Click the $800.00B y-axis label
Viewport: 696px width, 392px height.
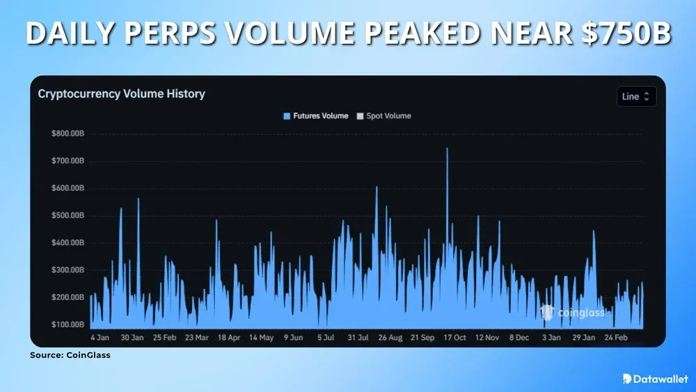68,134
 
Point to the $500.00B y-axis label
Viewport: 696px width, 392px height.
68,215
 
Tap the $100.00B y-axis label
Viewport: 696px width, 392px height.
68,324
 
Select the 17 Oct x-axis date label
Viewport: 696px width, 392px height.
455,337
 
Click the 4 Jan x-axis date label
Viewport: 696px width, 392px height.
100,337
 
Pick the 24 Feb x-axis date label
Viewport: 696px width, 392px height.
617,337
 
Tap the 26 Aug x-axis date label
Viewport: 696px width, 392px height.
390,337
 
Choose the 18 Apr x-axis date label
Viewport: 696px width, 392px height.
229,337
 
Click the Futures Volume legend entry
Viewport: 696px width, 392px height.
315,116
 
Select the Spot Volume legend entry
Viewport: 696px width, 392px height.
383,116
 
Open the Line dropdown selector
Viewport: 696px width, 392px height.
636,97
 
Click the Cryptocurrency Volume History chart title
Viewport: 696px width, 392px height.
121,93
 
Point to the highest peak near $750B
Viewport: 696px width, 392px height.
447,149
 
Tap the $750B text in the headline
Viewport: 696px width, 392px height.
628,33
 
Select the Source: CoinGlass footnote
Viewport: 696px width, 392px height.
70,355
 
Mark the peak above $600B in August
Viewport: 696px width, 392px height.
377,187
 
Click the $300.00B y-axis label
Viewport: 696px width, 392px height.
68,270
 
